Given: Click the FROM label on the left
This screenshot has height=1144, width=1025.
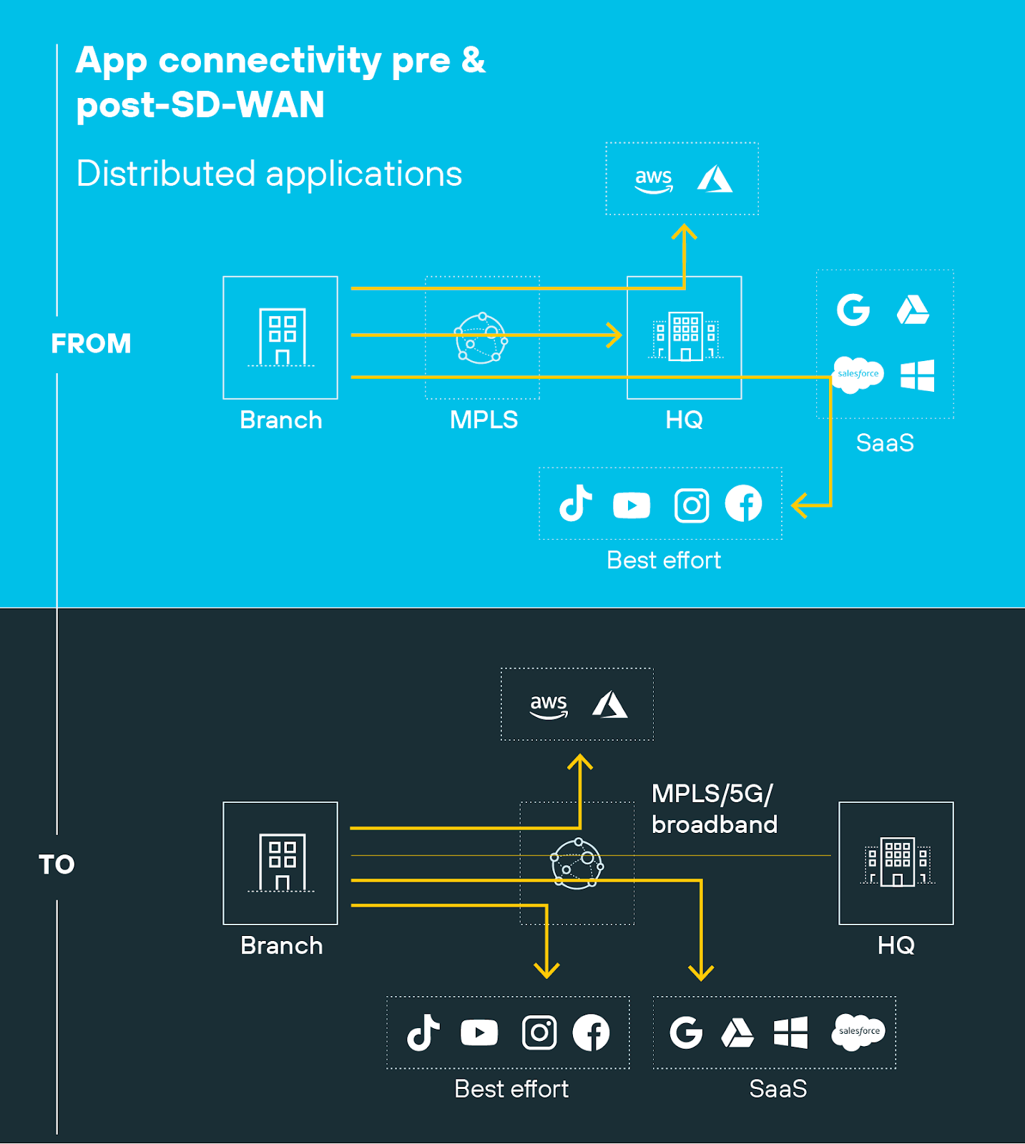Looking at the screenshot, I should pos(91,344).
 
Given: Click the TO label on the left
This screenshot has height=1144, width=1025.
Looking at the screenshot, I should pos(57,864).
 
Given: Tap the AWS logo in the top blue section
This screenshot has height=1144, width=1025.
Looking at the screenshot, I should pos(654,180).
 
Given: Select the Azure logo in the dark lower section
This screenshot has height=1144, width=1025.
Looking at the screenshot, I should pos(610,705).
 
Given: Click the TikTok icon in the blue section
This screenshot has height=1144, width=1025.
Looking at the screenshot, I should pos(576,503).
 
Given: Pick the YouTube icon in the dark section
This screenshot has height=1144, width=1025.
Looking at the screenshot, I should pos(479,1032).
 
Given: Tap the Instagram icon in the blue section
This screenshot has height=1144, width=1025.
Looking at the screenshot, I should pos(692,506).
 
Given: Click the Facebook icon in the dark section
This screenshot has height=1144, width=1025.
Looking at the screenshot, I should pos(591,1032).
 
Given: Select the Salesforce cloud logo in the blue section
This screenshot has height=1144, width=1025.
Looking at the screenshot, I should pos(858,375).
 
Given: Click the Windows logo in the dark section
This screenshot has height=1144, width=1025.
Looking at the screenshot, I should pos(791,1032).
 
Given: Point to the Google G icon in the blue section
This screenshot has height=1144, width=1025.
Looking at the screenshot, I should pos(853,310).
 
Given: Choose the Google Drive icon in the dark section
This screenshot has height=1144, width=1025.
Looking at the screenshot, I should pos(737,1033).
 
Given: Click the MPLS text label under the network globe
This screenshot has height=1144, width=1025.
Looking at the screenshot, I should pos(484,420).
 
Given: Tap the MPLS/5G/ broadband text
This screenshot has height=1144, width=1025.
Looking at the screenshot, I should pos(713,809).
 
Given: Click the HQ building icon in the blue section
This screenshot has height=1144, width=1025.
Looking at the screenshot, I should pos(685,336).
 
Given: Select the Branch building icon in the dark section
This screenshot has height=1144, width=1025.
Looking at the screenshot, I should pos(282,862).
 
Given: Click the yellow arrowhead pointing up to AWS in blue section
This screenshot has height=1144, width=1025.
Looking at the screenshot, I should pos(685,232).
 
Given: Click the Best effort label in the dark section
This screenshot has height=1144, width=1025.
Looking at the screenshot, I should pos(511,1089).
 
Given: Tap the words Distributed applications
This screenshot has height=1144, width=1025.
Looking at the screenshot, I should pos(269,174).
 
